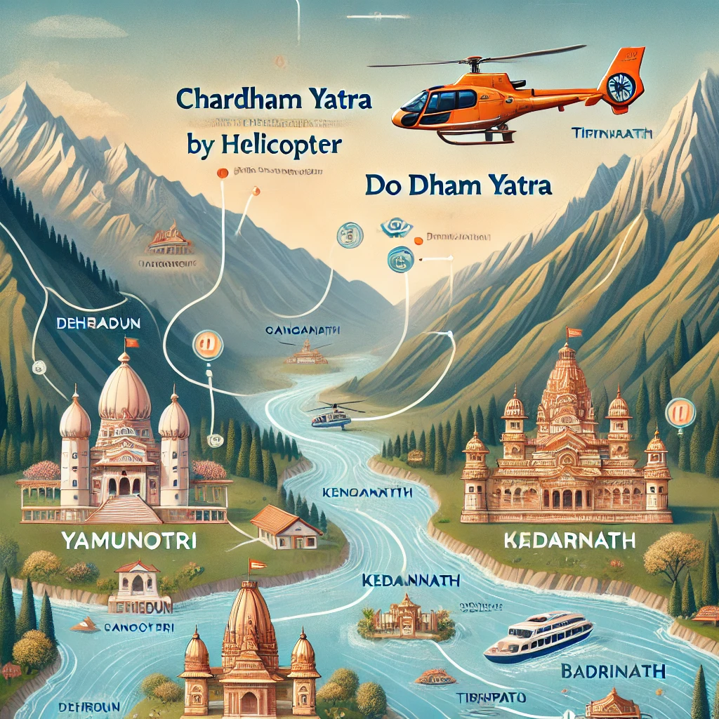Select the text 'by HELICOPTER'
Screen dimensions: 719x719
264,143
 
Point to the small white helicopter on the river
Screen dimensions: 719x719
331,416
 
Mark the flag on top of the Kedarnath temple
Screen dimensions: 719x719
574,331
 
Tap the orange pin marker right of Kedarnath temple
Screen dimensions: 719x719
679,411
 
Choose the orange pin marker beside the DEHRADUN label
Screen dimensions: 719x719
207,345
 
